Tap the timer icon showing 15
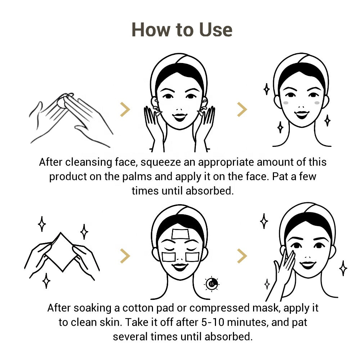[x=211, y=284]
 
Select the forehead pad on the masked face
[x=180, y=234]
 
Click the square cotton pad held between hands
[x=61, y=252]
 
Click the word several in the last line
[x=130, y=337]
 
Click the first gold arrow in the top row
[x=125, y=109]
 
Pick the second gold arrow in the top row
[x=242, y=109]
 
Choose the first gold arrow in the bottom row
[x=125, y=256]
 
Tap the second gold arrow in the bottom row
[x=242, y=256]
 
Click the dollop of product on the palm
[x=62, y=102]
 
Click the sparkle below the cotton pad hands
[x=46, y=280]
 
